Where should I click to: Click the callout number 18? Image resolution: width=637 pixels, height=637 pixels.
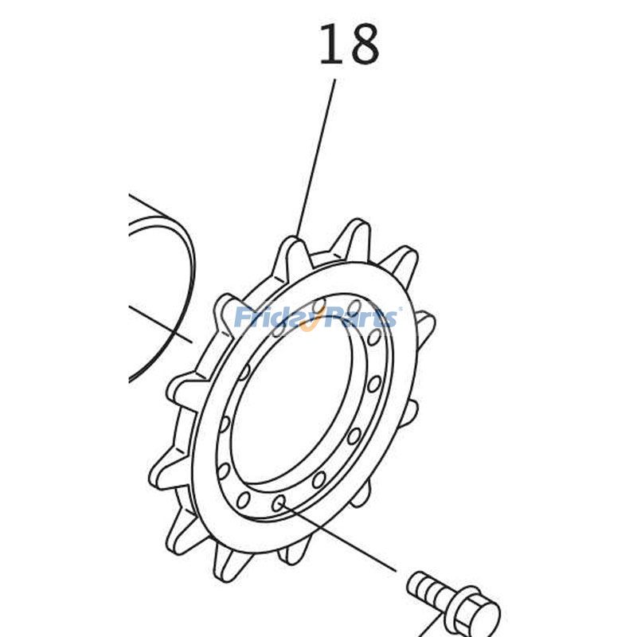pyautogui.click(x=349, y=45)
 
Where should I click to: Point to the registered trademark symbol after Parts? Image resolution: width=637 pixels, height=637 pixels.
pyautogui.click(x=399, y=310)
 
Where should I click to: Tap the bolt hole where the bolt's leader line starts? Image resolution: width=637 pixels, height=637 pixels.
pyautogui.click(x=279, y=503)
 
